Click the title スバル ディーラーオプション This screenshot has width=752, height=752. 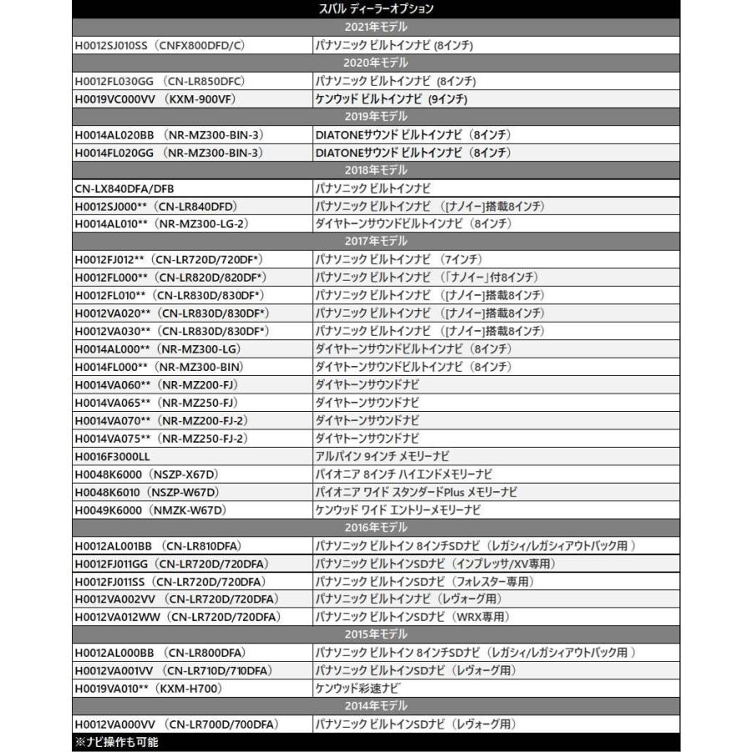[376, 9]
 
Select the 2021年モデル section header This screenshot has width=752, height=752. [376, 27]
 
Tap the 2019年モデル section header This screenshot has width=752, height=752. [376, 116]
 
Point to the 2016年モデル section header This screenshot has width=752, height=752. [376, 527]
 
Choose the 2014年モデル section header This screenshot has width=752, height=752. [376, 706]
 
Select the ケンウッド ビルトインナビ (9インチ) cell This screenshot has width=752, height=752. [390, 99]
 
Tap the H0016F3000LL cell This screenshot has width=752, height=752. [112, 455]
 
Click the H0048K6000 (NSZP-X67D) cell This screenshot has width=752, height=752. [147, 474]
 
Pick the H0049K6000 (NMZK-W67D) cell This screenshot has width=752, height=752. [150, 509]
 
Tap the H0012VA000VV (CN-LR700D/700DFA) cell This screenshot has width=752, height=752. [176, 724]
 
